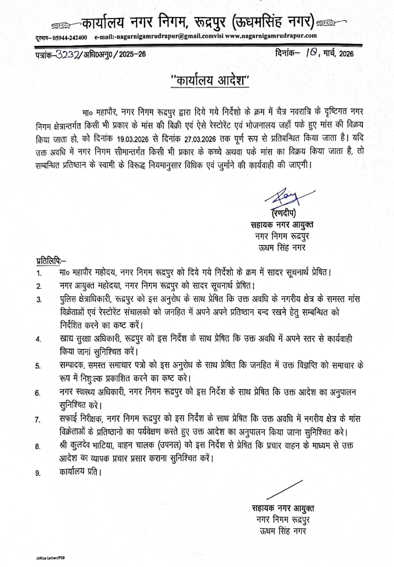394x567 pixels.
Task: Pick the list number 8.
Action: pyautogui.click(x=38, y=447)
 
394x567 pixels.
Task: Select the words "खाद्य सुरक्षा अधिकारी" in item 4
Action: pyautogui.click(x=91, y=338)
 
